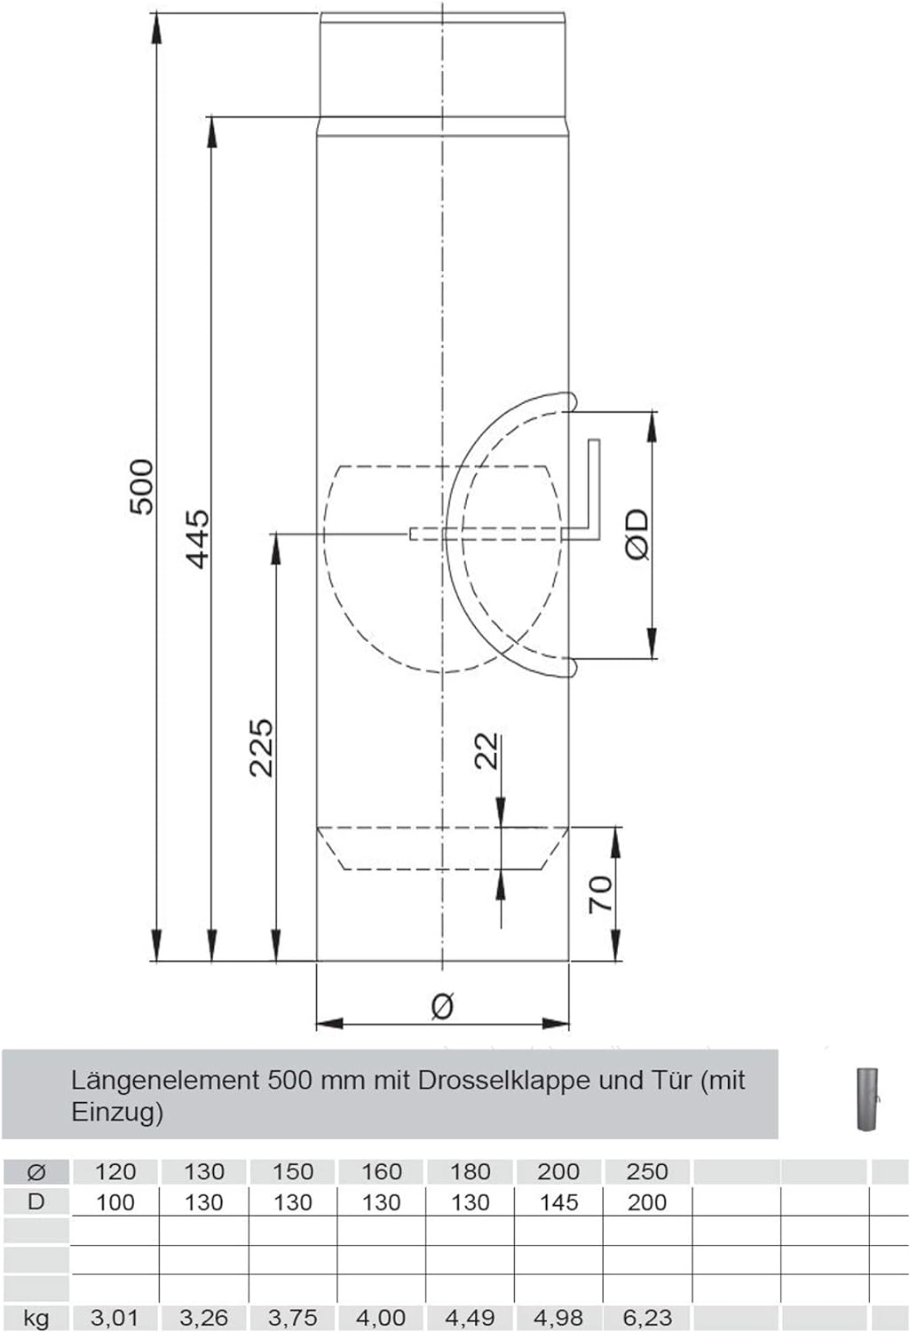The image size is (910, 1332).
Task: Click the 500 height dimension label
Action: click(142, 487)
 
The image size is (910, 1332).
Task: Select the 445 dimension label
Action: click(197, 538)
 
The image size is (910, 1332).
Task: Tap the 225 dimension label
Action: click(261, 748)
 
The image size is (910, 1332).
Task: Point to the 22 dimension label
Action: click(487, 751)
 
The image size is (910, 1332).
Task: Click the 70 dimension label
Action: click(600, 893)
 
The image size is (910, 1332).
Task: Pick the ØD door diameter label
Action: click(637, 535)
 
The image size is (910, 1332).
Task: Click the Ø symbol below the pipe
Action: click(442, 1005)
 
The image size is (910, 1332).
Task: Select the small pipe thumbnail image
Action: click(867, 1098)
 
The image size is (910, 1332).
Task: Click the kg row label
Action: click(36, 1318)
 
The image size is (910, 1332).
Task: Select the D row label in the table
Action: click(36, 1202)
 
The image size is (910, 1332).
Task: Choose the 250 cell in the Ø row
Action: click(646, 1171)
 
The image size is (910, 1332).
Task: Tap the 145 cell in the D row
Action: click(558, 1202)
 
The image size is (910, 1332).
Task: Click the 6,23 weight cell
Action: click(646, 1318)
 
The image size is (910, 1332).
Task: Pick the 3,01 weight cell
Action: click(115, 1318)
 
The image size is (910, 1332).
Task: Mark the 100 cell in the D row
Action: click(115, 1202)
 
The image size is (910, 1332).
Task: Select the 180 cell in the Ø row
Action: click(470, 1171)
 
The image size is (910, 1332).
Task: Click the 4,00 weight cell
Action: click(381, 1318)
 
